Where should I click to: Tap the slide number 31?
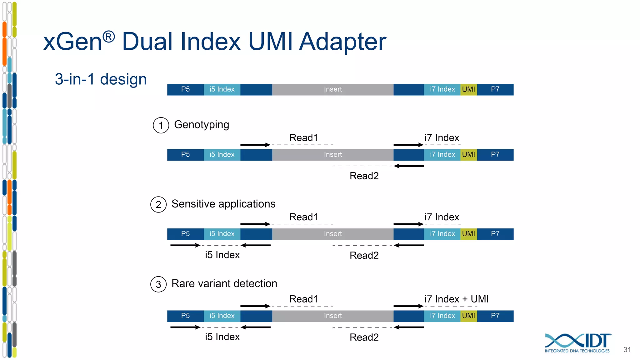pyautogui.click(x=627, y=350)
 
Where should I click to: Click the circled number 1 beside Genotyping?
pyautogui.click(x=161, y=125)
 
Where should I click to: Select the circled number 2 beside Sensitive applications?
pyautogui.click(x=158, y=205)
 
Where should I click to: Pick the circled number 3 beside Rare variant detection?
pyautogui.click(x=158, y=284)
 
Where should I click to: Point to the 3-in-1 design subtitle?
pyautogui.click(x=101, y=79)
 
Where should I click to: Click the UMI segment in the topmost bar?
pyautogui.click(x=468, y=89)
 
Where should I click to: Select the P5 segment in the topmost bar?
pyautogui.click(x=185, y=89)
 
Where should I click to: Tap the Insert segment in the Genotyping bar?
pyautogui.click(x=332, y=155)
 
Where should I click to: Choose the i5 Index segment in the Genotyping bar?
pyautogui.click(x=222, y=155)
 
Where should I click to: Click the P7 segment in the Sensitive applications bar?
pyautogui.click(x=495, y=234)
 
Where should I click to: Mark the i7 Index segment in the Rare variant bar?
pyautogui.click(x=442, y=316)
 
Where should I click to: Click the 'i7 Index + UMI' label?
pyautogui.click(x=456, y=299)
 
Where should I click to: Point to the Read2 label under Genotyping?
pyautogui.click(x=364, y=176)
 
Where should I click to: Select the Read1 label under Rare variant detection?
pyautogui.click(x=303, y=299)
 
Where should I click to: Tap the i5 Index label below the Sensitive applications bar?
pyautogui.click(x=222, y=255)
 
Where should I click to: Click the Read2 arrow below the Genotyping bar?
pyautogui.click(x=409, y=166)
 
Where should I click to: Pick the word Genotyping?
pyautogui.click(x=202, y=125)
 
